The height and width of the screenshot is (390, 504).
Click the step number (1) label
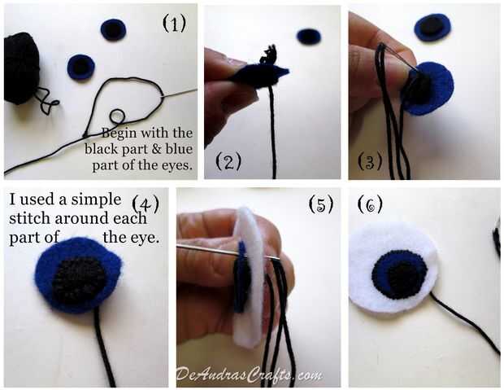(174, 24)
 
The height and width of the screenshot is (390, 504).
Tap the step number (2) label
(228, 161)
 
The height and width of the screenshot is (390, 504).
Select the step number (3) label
(370, 161)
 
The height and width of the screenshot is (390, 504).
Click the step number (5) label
(321, 204)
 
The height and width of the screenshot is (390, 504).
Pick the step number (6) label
(370, 204)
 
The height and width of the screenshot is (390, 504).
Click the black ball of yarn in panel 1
(21, 68)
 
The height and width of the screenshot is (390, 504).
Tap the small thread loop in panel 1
(117, 116)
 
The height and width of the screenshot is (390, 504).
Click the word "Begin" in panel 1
(119, 133)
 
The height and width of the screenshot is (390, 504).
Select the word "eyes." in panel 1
(177, 165)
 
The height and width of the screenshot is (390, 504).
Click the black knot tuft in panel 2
(270, 55)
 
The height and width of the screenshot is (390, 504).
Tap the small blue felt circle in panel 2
(308, 37)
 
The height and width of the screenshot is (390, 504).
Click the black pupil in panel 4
(78, 279)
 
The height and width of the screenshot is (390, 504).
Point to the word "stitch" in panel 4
(30, 218)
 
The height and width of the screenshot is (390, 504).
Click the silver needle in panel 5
(225, 252)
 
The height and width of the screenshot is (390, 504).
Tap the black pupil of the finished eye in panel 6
(403, 278)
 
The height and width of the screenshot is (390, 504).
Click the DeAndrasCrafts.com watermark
(250, 375)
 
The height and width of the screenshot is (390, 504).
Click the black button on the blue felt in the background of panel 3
(432, 24)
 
